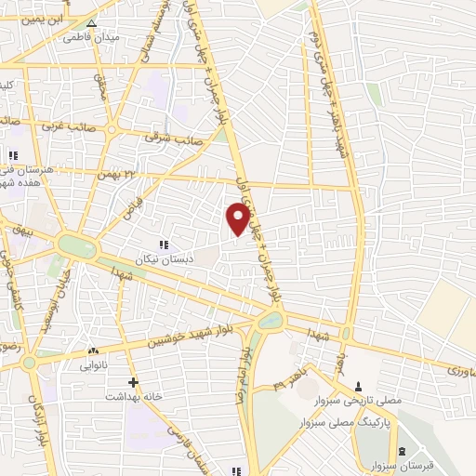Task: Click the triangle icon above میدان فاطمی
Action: (90, 24)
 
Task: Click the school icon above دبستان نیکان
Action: (163, 245)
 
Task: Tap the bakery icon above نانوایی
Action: (92, 351)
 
